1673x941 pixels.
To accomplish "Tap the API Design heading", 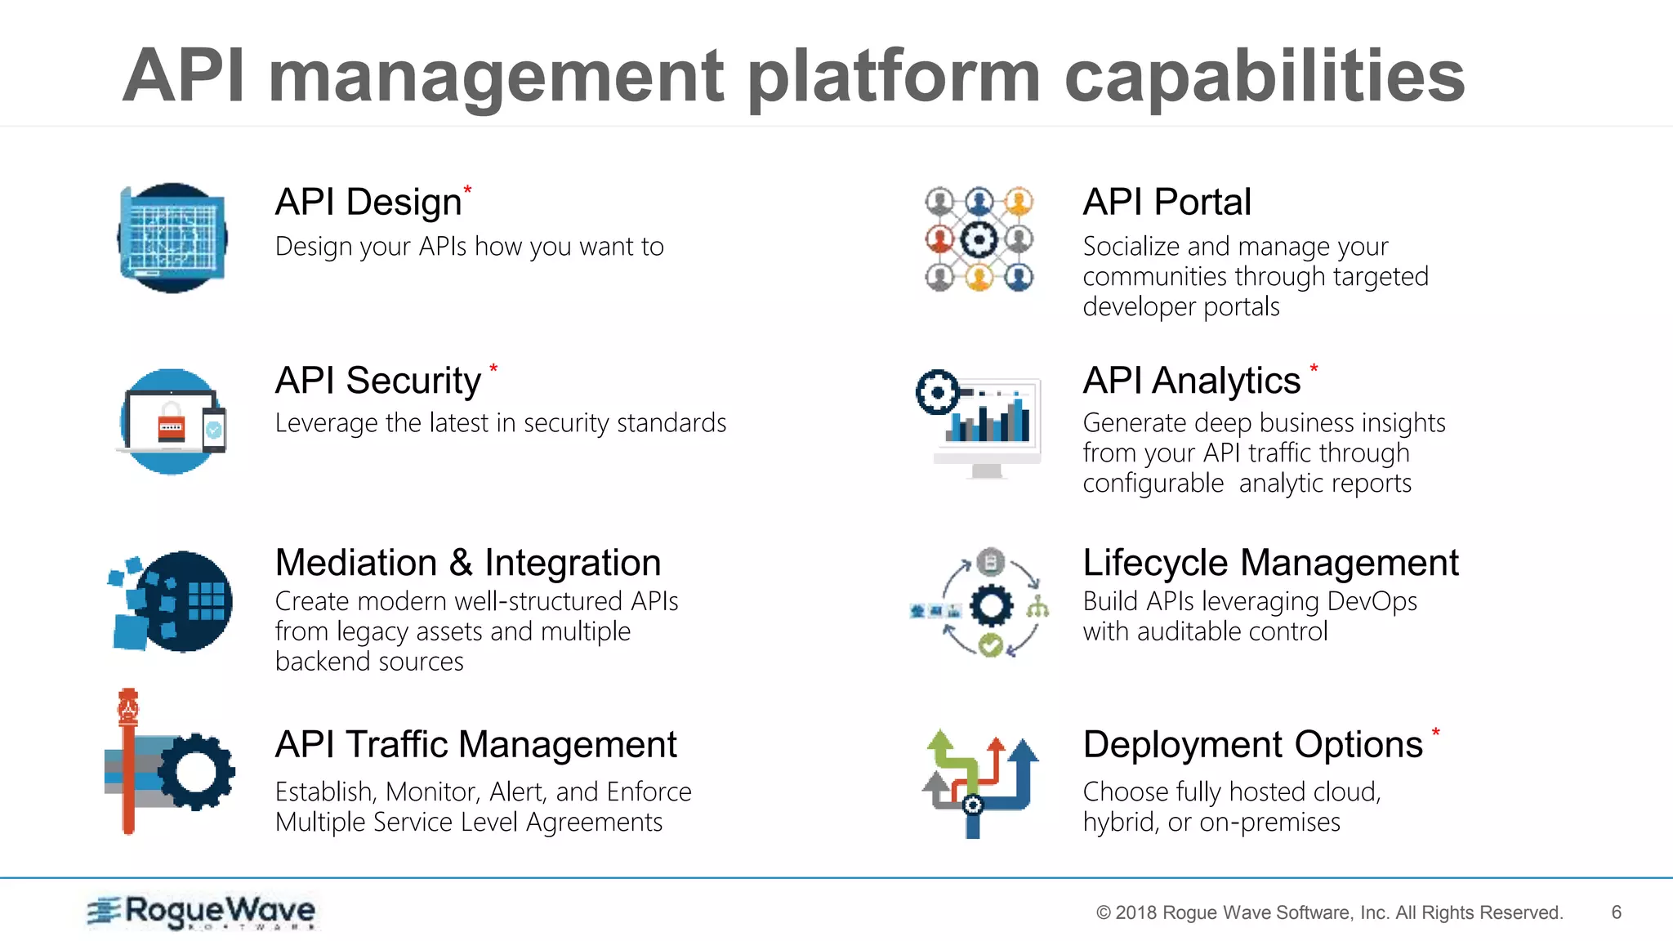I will pyautogui.click(x=368, y=202).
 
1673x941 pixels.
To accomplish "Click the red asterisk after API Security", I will pyautogui.click(x=493, y=368).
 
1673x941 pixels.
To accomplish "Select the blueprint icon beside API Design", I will pyautogui.click(x=172, y=238).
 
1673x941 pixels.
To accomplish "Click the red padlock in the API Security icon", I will pyautogui.click(x=172, y=424).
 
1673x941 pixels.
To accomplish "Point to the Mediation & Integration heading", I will pyautogui.click(x=468, y=563).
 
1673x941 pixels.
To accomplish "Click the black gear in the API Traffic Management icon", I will pyautogui.click(x=197, y=772).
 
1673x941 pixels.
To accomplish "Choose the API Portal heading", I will pyautogui.click(x=1167, y=202).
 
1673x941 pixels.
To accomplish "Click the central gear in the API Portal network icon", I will pyautogui.click(x=979, y=239).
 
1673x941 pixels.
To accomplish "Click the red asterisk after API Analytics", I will pyautogui.click(x=1314, y=368).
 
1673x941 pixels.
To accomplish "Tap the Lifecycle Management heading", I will pyautogui.click(x=1270, y=563).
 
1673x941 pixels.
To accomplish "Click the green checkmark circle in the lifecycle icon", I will pyautogui.click(x=990, y=645).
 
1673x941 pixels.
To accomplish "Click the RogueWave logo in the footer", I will pyautogui.click(x=202, y=912).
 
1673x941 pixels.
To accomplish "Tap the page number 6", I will pyautogui.click(x=1616, y=912).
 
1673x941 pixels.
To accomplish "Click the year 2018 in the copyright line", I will pyautogui.click(x=1136, y=913).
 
